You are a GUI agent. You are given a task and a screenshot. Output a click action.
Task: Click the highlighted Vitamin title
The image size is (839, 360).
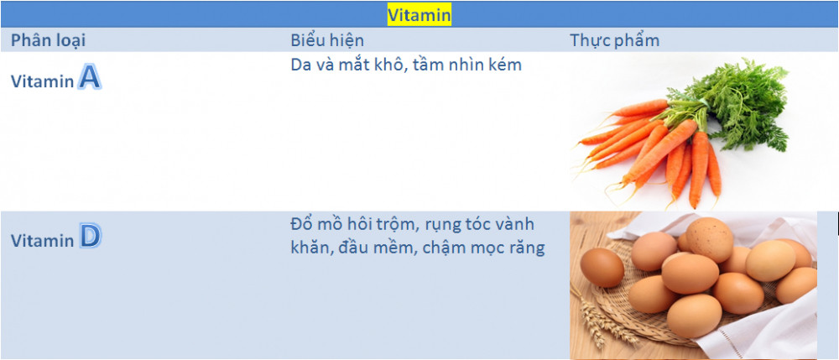coord(419,14)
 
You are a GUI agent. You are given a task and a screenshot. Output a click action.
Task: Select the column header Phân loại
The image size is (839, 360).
coord(48,40)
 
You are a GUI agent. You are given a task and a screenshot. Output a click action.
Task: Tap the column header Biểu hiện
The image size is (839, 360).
coord(327,40)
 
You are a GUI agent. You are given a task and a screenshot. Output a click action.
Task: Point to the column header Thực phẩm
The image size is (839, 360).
coord(614,40)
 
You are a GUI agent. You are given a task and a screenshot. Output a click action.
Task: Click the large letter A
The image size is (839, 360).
coord(90,77)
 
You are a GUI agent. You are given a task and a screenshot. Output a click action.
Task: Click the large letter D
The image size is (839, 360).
coord(91,237)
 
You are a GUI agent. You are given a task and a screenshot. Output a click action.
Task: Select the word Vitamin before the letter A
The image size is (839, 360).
coord(42,81)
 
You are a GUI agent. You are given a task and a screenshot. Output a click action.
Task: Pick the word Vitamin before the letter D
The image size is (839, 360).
coord(42,241)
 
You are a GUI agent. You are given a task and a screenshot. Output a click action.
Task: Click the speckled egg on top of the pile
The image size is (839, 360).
coord(710,240)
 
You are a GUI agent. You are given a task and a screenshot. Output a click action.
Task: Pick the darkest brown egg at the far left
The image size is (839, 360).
coord(602,268)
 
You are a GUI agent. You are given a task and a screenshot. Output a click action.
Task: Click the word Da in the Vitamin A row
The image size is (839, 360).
coord(300,65)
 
